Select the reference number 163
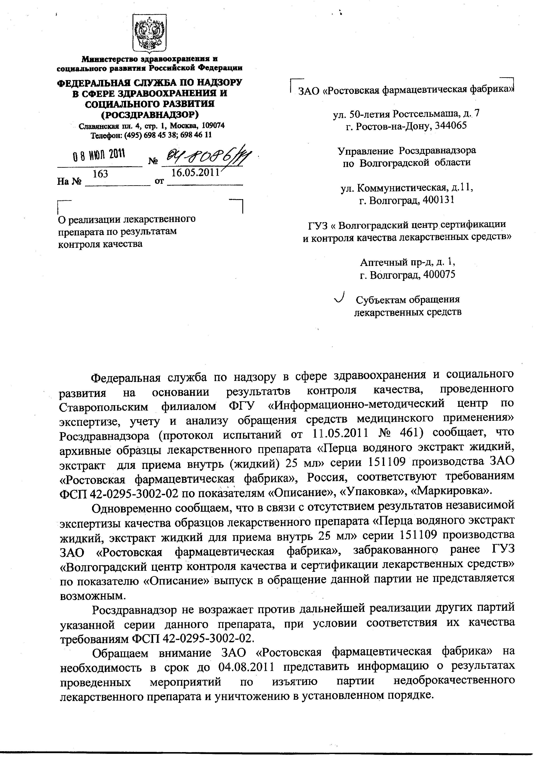point(100,174)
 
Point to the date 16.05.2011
point(196,172)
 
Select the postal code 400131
point(437,200)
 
